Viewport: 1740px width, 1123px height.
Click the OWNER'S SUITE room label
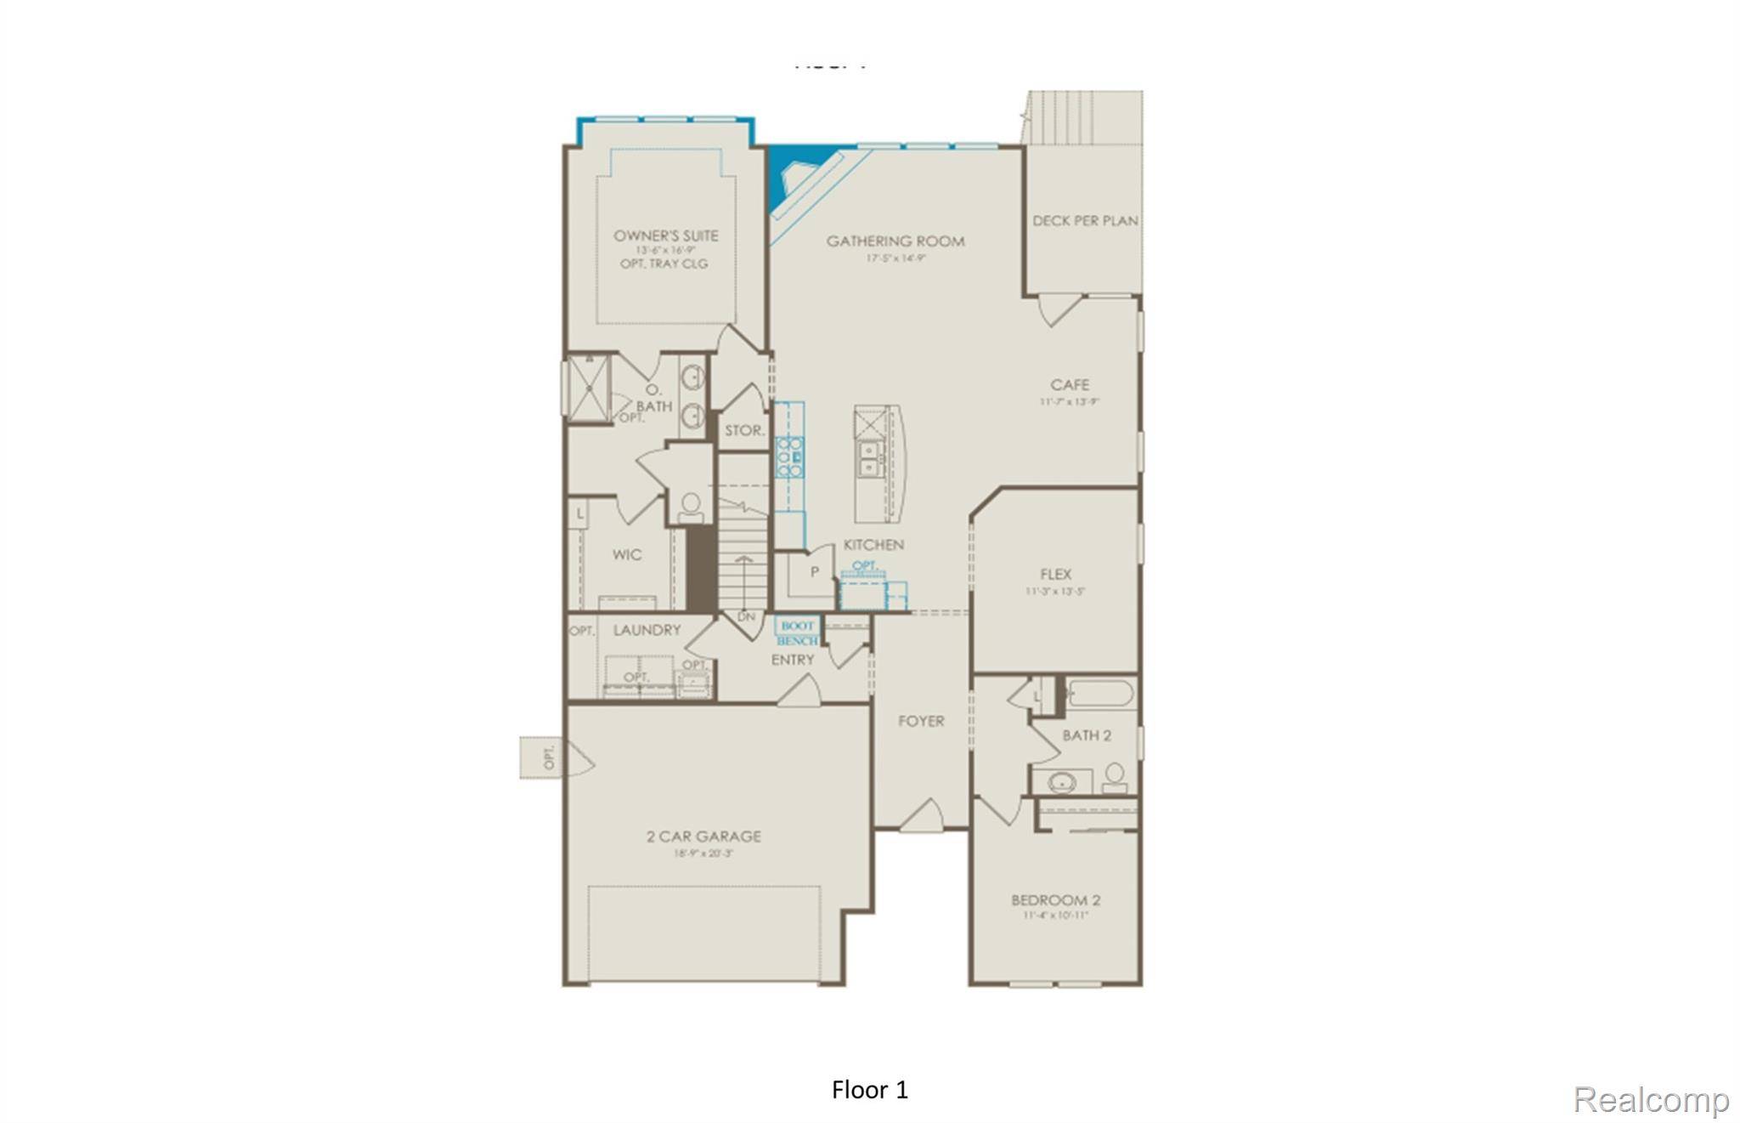[665, 235]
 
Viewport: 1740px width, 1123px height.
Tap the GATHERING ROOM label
[895, 241]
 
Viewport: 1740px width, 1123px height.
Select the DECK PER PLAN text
[1085, 221]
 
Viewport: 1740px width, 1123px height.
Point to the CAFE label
[1069, 385]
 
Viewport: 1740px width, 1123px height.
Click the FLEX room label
[1055, 575]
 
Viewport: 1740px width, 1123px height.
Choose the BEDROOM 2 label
[1055, 900]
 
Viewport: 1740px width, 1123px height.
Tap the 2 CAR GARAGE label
[703, 837]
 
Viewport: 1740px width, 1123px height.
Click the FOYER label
[921, 722]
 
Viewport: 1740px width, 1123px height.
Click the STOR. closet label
[744, 431]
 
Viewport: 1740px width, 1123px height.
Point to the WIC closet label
[627, 555]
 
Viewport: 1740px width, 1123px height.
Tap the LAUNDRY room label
[647, 631]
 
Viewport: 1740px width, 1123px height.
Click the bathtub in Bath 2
[1100, 694]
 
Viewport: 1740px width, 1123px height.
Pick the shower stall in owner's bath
[588, 388]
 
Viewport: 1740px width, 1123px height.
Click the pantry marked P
[813, 572]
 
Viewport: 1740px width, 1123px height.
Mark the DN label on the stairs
[746, 616]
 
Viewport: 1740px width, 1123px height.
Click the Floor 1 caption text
[869, 1090]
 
